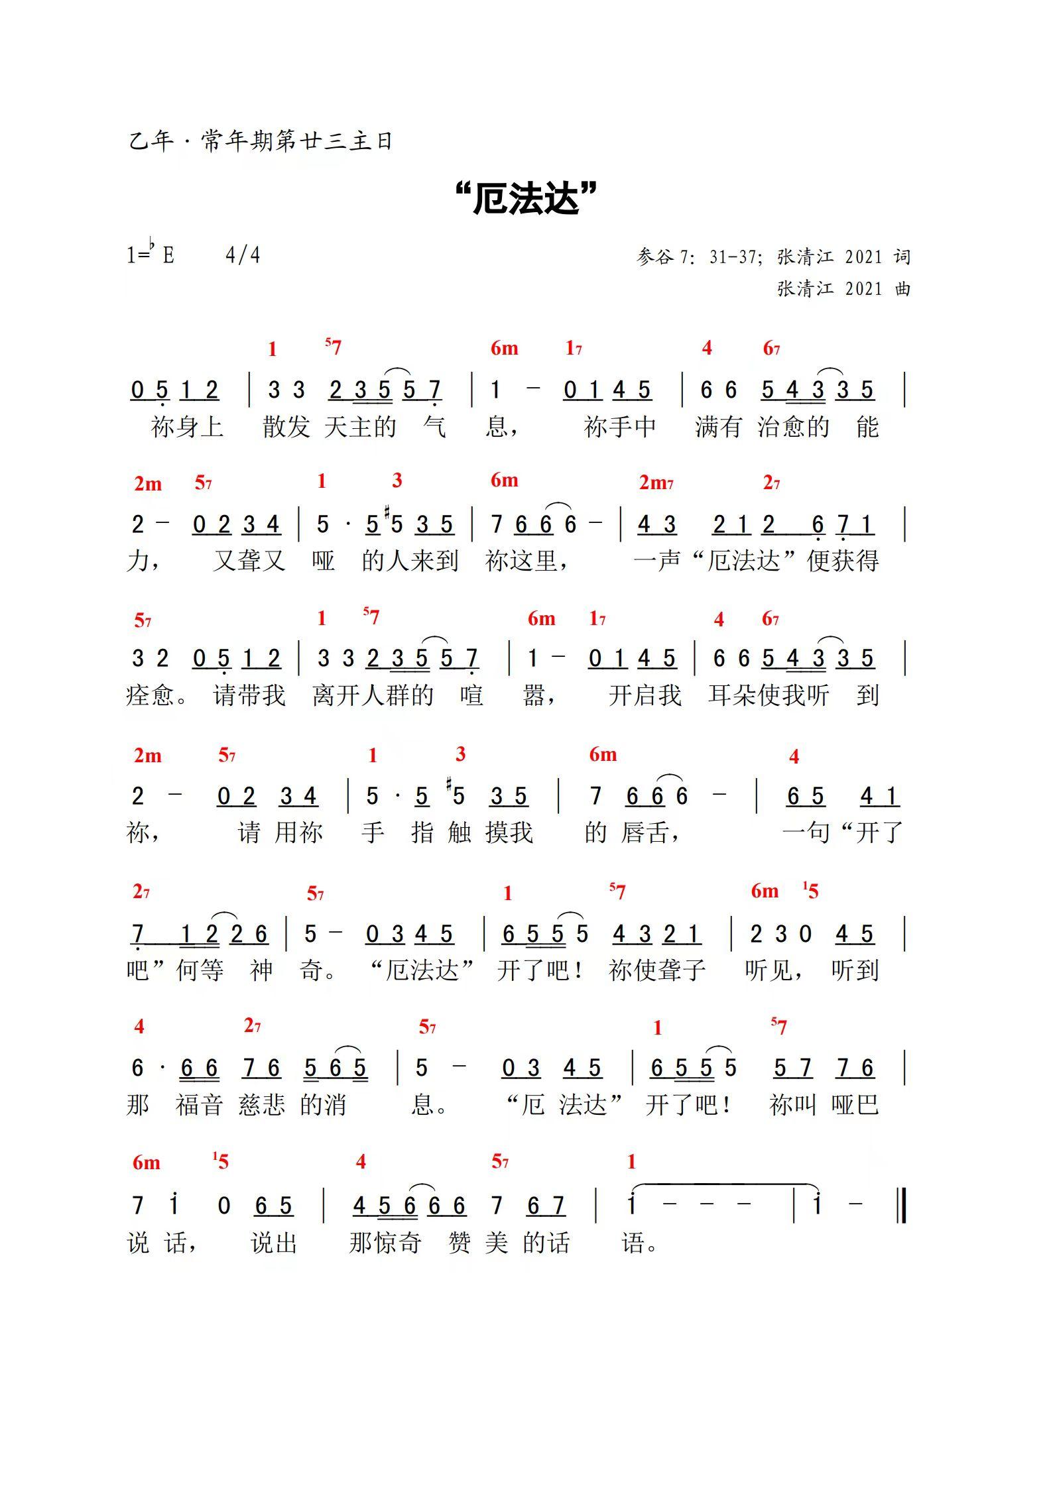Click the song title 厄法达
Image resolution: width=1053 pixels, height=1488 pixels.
(527, 199)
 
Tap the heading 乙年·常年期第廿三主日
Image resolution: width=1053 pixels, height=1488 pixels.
(261, 141)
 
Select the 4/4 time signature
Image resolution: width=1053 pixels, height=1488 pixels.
(243, 255)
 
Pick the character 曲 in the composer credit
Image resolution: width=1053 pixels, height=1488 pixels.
(902, 289)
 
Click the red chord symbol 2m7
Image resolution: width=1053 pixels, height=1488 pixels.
(656, 483)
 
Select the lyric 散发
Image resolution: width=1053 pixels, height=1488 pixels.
(286, 427)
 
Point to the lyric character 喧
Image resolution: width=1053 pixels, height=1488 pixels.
(471, 695)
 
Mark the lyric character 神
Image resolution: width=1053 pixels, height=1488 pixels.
(261, 971)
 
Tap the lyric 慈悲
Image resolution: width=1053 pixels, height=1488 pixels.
(261, 1105)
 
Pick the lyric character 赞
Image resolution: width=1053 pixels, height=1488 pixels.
(459, 1243)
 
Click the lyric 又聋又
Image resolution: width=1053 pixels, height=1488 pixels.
(249, 561)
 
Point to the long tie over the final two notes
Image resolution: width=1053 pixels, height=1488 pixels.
(724, 1184)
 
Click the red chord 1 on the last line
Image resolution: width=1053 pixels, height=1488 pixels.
(631, 1161)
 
